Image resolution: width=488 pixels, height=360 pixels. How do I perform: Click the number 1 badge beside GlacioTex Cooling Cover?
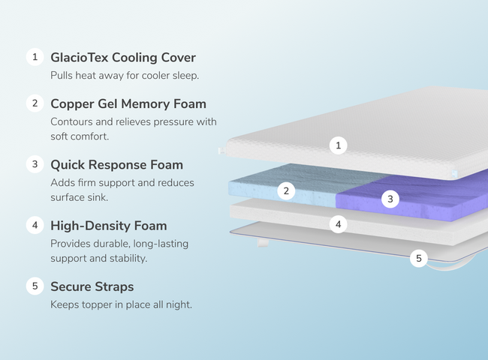tap(35, 57)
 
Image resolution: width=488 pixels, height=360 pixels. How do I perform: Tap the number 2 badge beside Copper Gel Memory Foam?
tap(35, 103)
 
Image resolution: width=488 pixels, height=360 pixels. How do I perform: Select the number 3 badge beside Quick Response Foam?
tap(35, 163)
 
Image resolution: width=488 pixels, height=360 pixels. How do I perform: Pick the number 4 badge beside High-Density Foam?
tap(35, 224)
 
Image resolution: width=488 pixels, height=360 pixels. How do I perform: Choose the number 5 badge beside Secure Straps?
tap(35, 286)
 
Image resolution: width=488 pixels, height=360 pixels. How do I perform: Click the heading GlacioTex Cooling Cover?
tap(122, 58)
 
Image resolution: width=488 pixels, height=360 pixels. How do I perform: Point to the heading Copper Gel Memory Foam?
tap(128, 103)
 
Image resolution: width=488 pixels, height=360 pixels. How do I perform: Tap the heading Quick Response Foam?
tap(116, 164)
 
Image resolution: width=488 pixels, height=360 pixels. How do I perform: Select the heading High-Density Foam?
tap(108, 225)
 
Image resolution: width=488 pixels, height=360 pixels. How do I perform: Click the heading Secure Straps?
tap(92, 286)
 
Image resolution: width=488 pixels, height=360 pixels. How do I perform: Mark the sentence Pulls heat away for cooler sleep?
tap(124, 76)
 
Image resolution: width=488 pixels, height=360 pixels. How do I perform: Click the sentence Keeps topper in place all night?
tap(121, 304)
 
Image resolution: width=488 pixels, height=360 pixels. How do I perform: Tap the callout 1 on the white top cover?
tap(339, 145)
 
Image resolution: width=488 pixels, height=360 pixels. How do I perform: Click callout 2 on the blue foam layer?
tap(285, 190)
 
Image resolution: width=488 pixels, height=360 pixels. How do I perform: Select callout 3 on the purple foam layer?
tap(389, 199)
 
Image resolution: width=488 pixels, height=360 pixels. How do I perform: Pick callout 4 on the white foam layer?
tap(339, 223)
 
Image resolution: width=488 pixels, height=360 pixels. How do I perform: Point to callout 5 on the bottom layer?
tap(419, 259)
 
